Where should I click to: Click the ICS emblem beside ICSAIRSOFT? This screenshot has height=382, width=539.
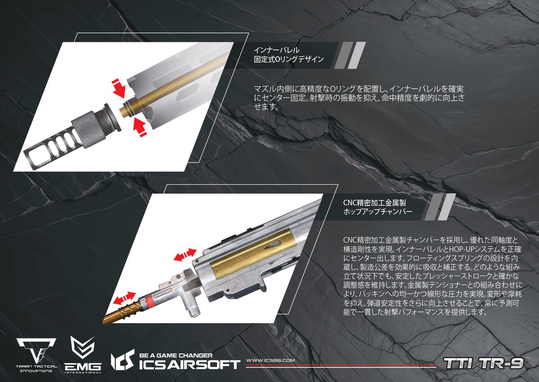coord(122,360)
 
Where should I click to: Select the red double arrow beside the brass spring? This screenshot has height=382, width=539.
coord(124,297)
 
